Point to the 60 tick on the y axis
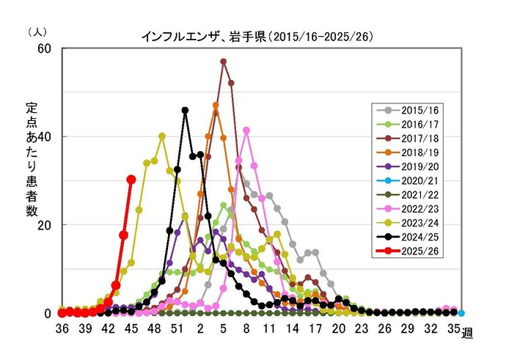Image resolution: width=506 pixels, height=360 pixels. pos(45,48)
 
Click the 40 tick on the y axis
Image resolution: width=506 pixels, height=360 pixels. pos(45,136)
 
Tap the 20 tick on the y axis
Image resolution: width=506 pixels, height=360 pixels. pos(45,225)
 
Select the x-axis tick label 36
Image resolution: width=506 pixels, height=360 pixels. pos(62,329)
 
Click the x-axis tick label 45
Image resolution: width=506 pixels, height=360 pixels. pos(131,329)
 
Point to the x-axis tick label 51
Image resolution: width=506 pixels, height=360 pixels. pos(177,329)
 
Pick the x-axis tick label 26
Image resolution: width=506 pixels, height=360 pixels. pos(384,329)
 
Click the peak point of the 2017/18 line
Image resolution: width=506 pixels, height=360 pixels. pos(223,62)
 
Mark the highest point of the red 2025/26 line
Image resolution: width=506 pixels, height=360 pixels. pos(131,179)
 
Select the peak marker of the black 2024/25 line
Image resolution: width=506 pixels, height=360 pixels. pos(185,111)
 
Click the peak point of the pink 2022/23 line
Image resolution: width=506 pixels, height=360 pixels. pos(246,131)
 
